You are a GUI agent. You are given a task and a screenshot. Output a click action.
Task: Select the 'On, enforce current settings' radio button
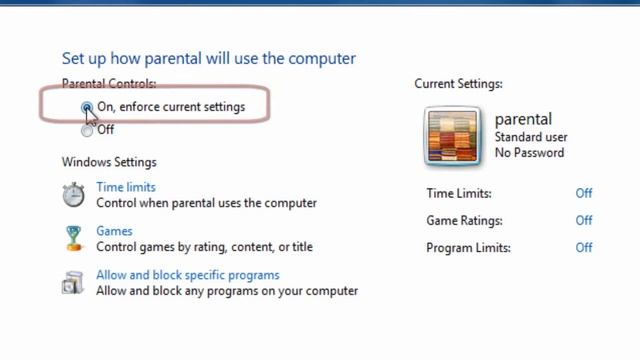(x=88, y=107)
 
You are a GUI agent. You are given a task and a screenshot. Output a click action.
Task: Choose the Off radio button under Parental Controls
(x=88, y=130)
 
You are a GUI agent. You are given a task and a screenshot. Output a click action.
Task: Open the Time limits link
(x=126, y=187)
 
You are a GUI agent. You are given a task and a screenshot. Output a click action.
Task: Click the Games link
(x=114, y=231)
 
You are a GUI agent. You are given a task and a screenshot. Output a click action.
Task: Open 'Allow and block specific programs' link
(x=188, y=275)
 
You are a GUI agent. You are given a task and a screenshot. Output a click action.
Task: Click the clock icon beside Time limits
(x=73, y=194)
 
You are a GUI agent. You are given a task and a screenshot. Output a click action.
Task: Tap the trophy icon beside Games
(x=73, y=238)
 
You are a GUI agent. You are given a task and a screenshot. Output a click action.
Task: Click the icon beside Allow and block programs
(x=73, y=283)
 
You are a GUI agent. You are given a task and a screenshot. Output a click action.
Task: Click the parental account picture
(x=453, y=135)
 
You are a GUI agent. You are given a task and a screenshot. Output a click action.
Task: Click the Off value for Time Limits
(x=584, y=194)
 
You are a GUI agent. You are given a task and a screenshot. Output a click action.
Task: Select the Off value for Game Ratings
(x=584, y=221)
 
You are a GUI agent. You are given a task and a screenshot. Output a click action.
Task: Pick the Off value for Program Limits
(x=584, y=248)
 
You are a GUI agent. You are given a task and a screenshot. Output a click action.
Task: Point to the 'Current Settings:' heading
(x=458, y=84)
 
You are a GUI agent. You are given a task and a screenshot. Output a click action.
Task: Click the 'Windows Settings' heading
(x=109, y=162)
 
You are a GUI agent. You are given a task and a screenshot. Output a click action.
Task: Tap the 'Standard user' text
(x=530, y=137)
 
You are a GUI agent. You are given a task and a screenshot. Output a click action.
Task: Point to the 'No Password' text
(x=530, y=153)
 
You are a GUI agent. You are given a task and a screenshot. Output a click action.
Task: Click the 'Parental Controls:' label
(x=109, y=84)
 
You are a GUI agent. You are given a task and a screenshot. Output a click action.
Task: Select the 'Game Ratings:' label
(x=464, y=221)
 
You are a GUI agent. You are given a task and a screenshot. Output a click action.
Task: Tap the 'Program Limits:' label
(x=468, y=248)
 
